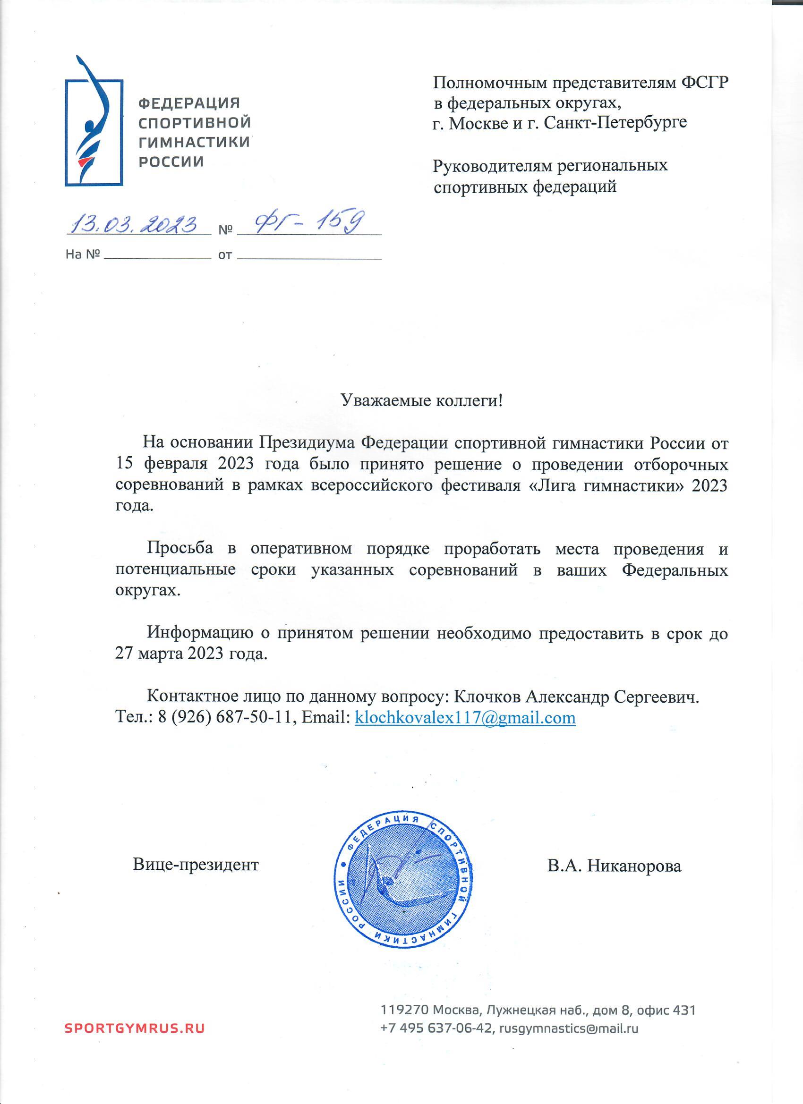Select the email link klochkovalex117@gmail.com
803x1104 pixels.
(x=466, y=717)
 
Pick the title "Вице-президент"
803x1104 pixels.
(x=196, y=865)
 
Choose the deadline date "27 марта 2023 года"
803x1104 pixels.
(x=191, y=653)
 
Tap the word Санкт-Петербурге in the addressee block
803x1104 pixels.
(x=615, y=122)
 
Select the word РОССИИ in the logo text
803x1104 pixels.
(x=171, y=161)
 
